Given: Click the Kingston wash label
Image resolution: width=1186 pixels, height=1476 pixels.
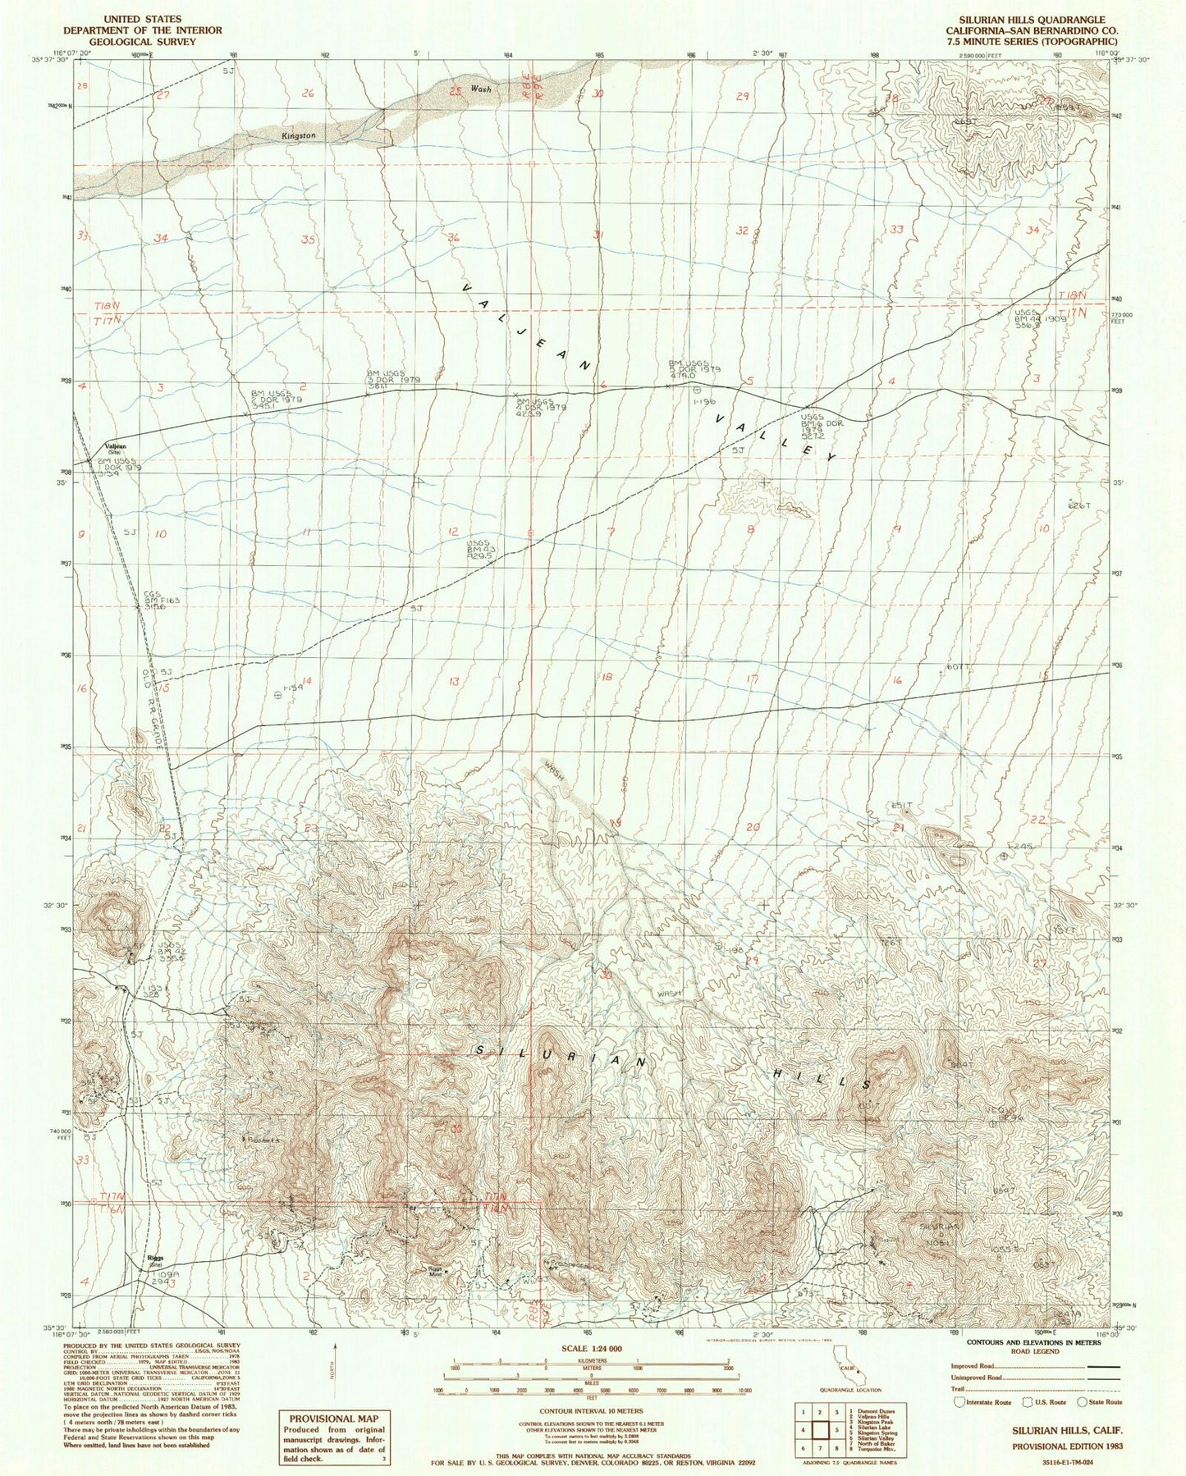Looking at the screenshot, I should pyautogui.click(x=298, y=135).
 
